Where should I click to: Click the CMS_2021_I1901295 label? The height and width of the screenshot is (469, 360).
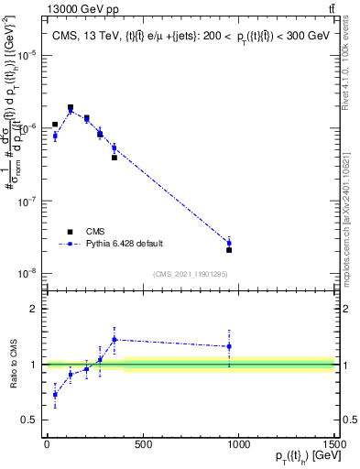[x=190, y=274]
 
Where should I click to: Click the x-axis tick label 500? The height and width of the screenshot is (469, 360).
[x=142, y=446]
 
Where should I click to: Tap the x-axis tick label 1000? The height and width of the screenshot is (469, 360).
[x=238, y=446]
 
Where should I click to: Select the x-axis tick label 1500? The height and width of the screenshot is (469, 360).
[x=334, y=446]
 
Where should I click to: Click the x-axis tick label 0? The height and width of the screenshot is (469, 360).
[x=47, y=446]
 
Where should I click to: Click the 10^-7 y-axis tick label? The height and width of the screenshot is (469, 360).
[x=26, y=201]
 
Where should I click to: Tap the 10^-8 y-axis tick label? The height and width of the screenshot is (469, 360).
[x=26, y=273]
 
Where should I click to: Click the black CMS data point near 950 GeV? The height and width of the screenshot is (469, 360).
[x=229, y=250]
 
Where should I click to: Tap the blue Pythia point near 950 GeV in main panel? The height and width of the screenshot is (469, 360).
[x=229, y=243]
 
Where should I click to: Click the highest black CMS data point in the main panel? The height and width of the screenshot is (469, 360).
[x=71, y=107]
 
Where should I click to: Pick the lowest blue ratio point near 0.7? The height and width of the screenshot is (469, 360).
[x=55, y=395]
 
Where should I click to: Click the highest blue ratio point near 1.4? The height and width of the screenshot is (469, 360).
[x=115, y=339]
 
